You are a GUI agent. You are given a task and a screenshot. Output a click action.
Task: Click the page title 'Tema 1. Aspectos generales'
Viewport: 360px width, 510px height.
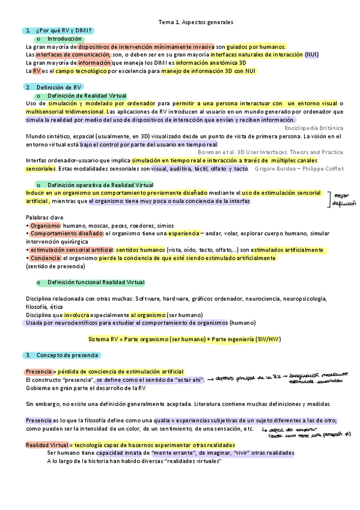pos(196,22)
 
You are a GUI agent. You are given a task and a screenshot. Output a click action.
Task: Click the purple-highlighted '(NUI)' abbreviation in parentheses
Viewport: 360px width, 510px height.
pos(312,54)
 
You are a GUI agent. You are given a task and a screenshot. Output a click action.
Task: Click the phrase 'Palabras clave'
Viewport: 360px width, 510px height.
pos(45,217)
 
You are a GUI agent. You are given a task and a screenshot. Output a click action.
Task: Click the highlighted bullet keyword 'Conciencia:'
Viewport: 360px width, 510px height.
pos(46,258)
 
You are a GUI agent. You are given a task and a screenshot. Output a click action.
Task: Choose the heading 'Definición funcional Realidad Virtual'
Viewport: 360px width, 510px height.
pos(96,282)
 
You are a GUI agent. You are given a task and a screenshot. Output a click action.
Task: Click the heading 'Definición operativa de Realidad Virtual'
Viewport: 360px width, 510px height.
pos(100,185)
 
